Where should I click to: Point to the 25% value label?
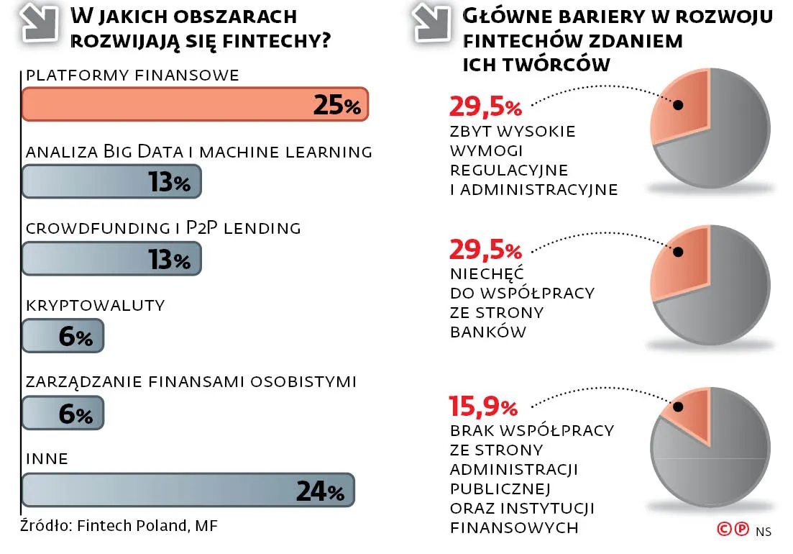(x=336, y=106)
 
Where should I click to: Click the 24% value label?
(x=320, y=491)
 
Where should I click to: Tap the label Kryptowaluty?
(x=95, y=305)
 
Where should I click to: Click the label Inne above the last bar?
(x=47, y=459)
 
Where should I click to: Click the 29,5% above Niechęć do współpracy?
(x=485, y=250)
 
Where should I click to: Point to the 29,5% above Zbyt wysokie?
(x=485, y=107)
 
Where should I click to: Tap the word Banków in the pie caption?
(x=489, y=332)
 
